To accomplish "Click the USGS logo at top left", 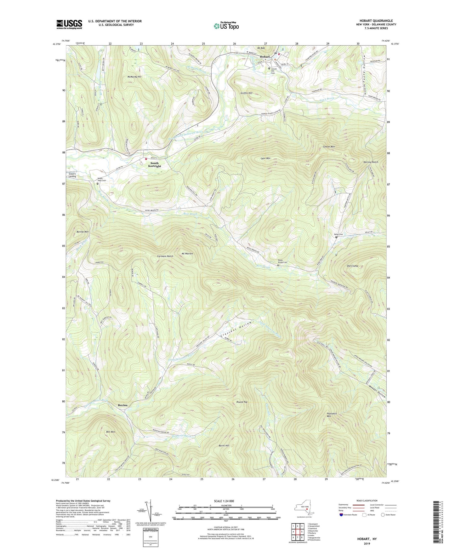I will click(69, 24).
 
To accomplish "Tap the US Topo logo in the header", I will click(226, 26).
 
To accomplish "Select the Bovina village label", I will click(123, 405).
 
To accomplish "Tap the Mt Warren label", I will click(187, 254).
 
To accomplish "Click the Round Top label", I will click(242, 402).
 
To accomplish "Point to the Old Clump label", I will click(352, 266).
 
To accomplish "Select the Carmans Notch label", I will click(165, 256).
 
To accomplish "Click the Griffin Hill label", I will click(247, 93).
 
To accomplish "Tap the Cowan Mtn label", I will click(329, 147).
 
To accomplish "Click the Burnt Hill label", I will click(224, 445).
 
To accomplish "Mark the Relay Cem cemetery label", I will click(338, 234).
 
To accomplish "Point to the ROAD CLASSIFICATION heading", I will click(367, 501).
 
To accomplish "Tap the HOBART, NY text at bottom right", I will click(367, 539).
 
